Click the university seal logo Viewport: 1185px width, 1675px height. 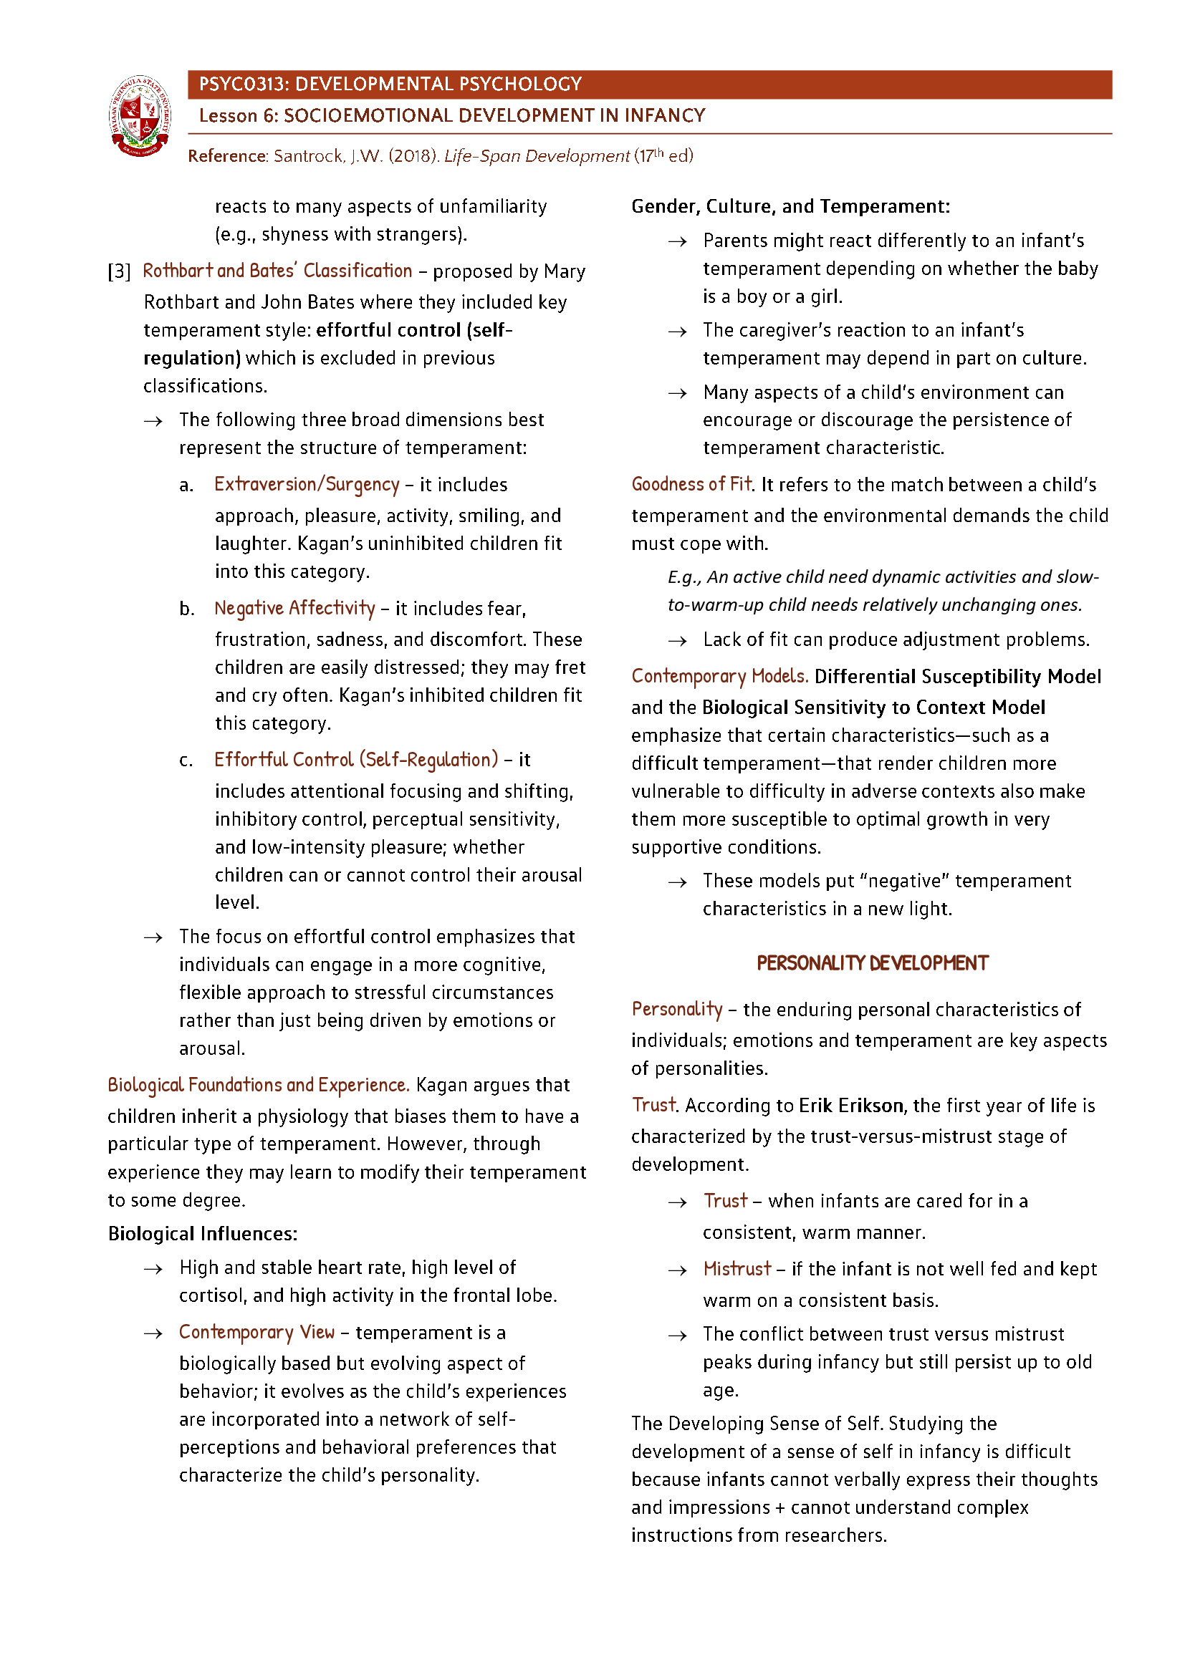[140, 116]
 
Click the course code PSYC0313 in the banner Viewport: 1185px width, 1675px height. [242, 85]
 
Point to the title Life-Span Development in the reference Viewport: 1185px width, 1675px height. [537, 156]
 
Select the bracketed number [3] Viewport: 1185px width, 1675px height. [119, 272]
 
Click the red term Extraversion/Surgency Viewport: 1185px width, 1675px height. [307, 485]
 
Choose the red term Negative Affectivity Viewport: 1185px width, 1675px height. [294, 609]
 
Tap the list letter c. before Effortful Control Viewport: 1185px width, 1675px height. [186, 761]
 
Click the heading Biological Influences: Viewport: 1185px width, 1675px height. [203, 1235]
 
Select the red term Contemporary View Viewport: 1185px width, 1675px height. [257, 1333]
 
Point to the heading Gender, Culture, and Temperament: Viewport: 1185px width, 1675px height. [790, 206]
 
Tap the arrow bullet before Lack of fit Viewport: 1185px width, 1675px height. [677, 641]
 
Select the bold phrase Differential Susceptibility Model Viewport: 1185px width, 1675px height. [957, 677]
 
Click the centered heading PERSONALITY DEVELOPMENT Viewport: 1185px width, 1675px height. [872, 964]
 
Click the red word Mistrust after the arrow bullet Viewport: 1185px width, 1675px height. [737, 1270]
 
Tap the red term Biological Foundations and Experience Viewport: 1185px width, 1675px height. [258, 1086]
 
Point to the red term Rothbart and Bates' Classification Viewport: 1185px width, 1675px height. [277, 271]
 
